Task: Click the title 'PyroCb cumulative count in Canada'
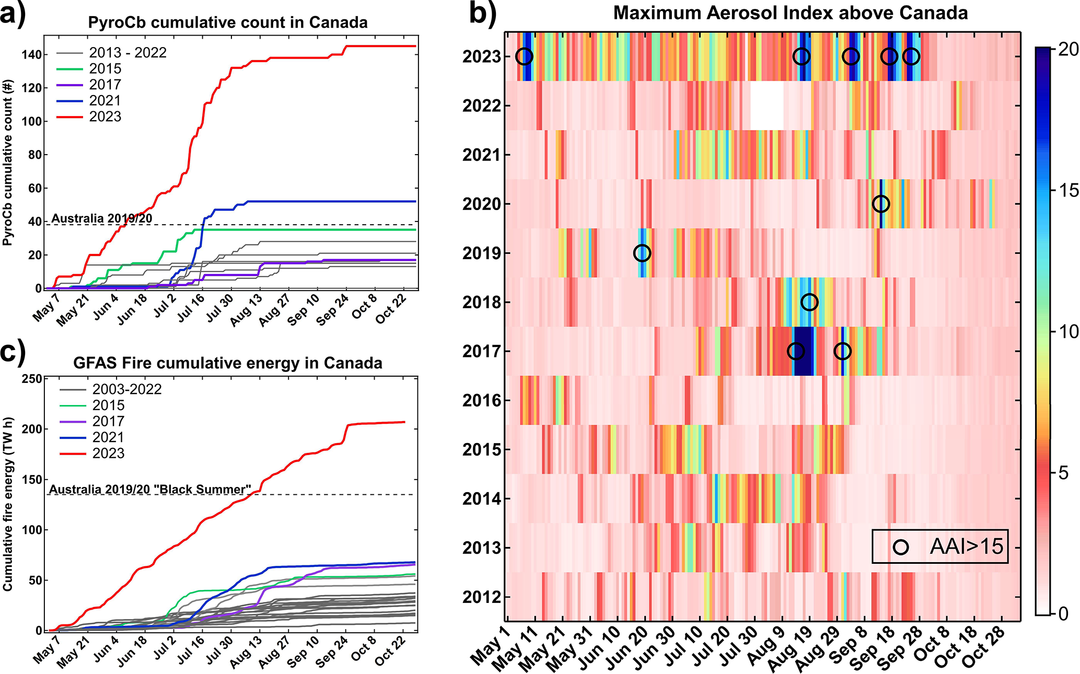click(x=228, y=22)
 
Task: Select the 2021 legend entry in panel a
click(x=105, y=100)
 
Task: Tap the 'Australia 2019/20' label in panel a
click(x=102, y=218)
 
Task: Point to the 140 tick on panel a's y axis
click(x=31, y=55)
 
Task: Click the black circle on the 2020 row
click(x=881, y=204)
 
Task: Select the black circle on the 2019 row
click(x=642, y=253)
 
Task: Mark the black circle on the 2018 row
click(x=809, y=302)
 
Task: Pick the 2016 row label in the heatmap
click(x=481, y=401)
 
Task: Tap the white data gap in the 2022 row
click(x=767, y=106)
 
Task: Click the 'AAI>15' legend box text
click(x=967, y=547)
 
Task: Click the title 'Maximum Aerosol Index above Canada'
click(x=791, y=13)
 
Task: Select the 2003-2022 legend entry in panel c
click(x=127, y=389)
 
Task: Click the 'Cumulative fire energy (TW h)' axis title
click(x=8, y=504)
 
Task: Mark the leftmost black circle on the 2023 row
click(x=524, y=56)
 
